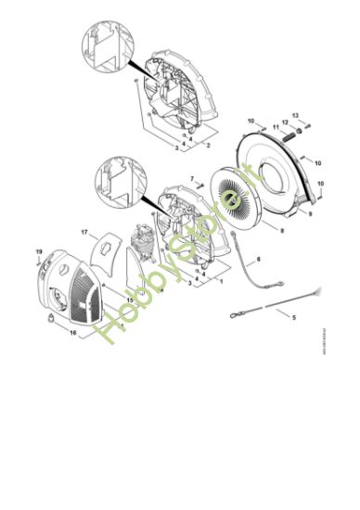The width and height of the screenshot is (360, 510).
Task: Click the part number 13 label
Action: [295, 115]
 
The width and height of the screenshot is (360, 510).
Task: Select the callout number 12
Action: [286, 122]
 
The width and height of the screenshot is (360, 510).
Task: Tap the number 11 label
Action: [276, 126]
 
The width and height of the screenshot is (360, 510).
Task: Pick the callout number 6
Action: [258, 261]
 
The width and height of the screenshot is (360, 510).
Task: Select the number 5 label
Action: [295, 319]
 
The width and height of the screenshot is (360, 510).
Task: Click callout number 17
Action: [84, 232]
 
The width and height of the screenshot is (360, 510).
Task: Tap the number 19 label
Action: [39, 252]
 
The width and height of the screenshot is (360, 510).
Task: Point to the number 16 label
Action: [73, 332]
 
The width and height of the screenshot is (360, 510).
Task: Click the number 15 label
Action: [130, 300]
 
